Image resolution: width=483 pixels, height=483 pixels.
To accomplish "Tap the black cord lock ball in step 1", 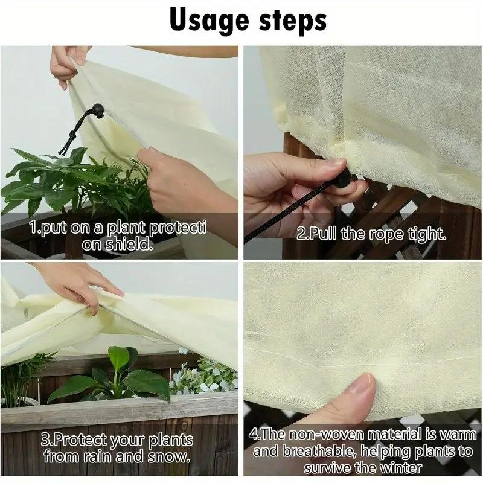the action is click(97, 109).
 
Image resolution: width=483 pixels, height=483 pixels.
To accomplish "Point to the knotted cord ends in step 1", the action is click(67, 142).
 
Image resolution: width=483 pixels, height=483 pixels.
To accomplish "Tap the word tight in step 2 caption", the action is click(426, 234).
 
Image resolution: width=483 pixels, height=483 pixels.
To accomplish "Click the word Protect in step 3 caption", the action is click(74, 440).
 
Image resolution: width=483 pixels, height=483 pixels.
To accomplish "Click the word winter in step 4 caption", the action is click(401, 468).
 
